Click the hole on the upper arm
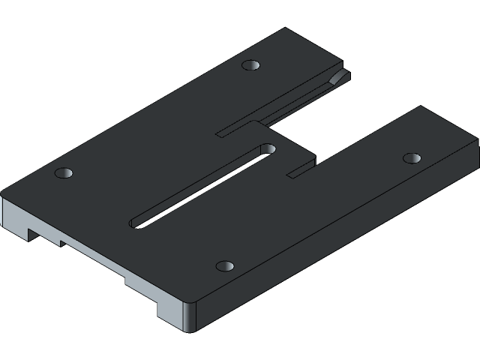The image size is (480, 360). tap(250, 65)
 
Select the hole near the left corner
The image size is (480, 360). tap(64, 174)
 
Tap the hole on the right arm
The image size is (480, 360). tap(412, 158)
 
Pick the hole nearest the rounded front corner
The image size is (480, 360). tap(225, 266)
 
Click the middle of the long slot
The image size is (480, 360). tap(201, 184)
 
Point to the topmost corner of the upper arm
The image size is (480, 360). tap(286, 29)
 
